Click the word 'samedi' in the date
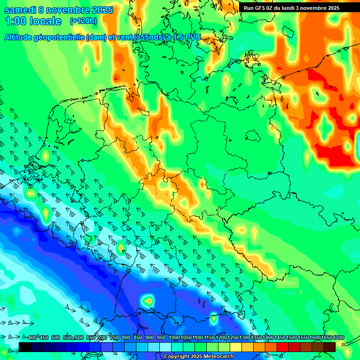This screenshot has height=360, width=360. pos(19,10)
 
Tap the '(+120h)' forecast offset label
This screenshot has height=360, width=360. pos(83,21)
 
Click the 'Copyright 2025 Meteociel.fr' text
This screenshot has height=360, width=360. pos(199,356)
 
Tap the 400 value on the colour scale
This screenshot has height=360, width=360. pos(32,338)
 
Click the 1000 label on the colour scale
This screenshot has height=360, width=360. pos(174,338)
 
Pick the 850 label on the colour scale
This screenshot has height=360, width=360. pos(138,338)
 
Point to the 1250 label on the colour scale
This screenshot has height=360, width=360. pos(233,338)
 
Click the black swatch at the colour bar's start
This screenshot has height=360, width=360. pos(25,347)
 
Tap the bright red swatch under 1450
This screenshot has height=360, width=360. pos(283,347)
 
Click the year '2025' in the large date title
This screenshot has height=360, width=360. pos(99,10)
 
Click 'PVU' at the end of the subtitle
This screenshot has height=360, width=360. pos(192,37)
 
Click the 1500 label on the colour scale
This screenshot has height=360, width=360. pos(292,338)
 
